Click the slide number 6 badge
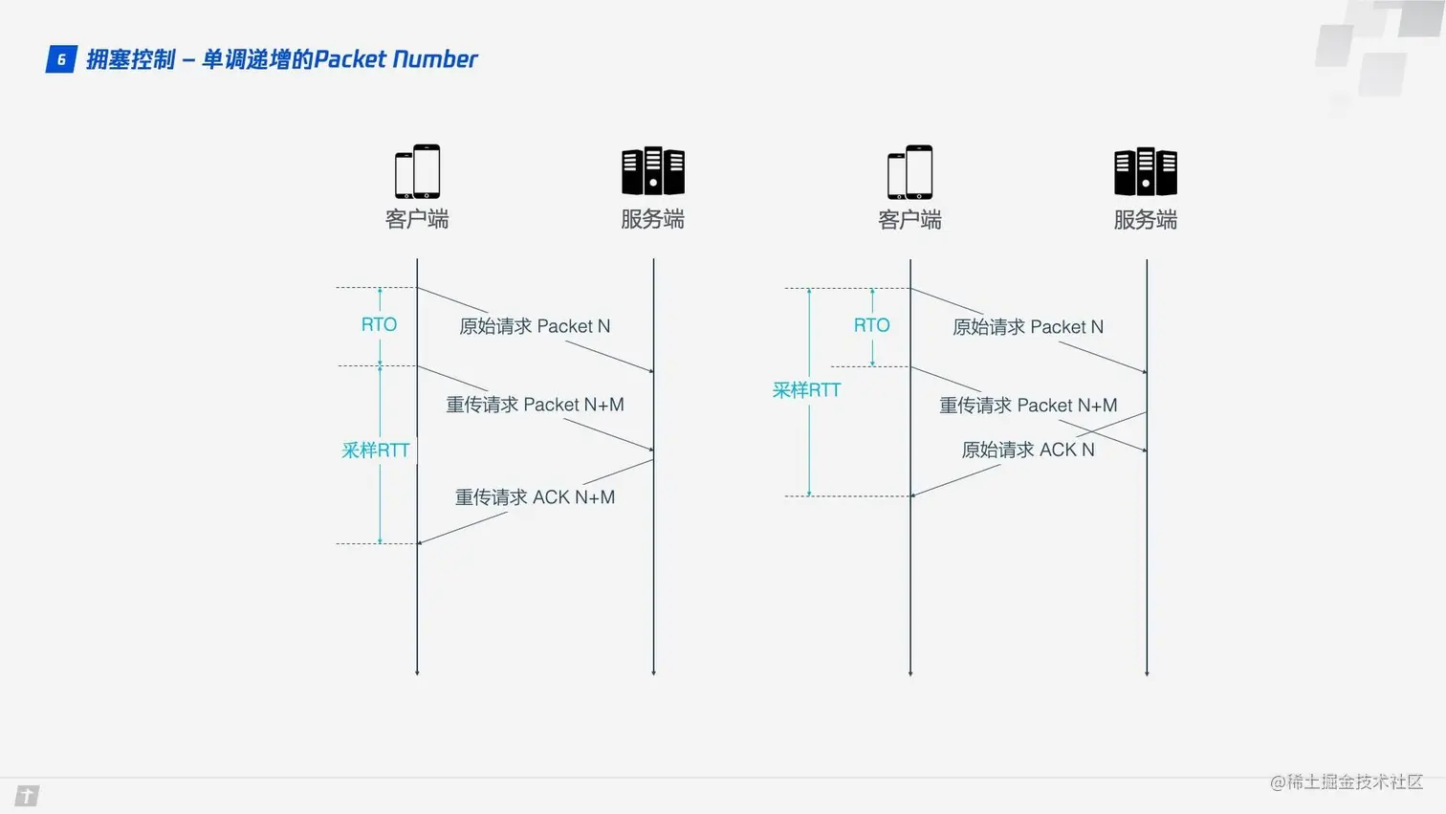point(61,59)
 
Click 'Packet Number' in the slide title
point(395,59)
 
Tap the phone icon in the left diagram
point(418,171)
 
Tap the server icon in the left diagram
point(653,171)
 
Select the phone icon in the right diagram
point(910,172)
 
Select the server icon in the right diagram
point(1146,172)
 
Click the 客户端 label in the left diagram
point(417,219)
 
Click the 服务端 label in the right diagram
point(1145,220)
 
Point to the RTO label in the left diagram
point(379,325)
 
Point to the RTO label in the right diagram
point(871,326)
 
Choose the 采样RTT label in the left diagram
point(375,451)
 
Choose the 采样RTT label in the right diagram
point(806,390)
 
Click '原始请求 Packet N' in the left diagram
point(535,326)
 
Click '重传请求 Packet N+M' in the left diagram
point(535,405)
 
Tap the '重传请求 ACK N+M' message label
point(535,497)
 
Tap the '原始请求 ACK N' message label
point(1027,450)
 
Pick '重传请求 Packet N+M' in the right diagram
point(1028,406)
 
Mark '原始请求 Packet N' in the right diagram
point(1028,327)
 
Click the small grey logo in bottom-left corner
point(27,796)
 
